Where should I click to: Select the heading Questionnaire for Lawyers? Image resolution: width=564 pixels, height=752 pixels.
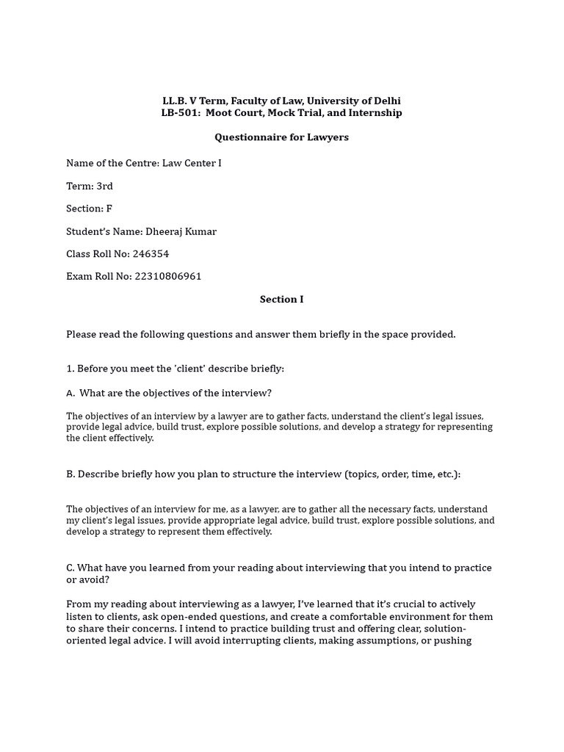point(281,137)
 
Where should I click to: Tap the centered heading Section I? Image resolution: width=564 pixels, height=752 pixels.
point(281,300)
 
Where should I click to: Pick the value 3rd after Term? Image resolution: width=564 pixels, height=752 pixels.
point(104,186)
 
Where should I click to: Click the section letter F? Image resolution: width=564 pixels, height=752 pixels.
point(109,209)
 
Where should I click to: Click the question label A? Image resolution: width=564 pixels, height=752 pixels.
point(70,393)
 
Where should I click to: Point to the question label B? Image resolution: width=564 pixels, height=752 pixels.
point(70,474)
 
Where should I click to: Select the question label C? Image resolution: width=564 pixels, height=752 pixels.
point(70,568)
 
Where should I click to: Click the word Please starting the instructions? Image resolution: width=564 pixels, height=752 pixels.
point(82,335)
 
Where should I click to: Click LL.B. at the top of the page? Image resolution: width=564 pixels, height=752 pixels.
point(175,101)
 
